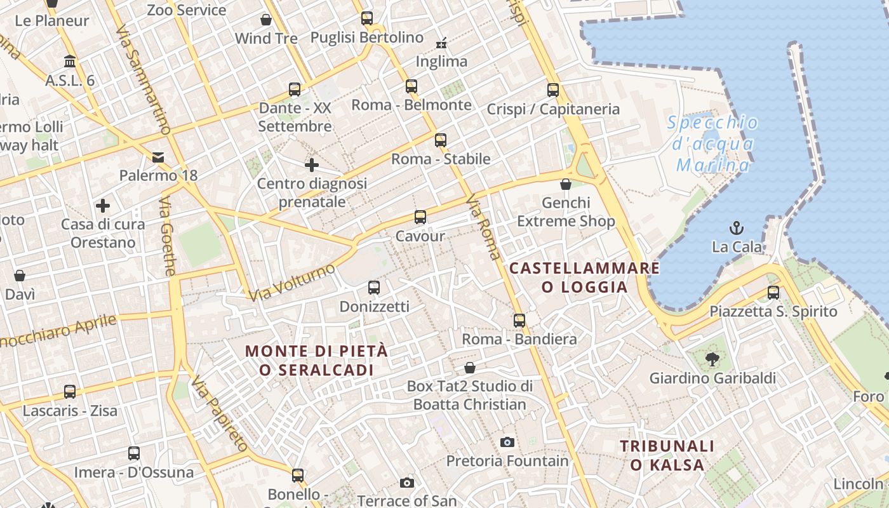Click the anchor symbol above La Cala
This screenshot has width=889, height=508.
(737, 227)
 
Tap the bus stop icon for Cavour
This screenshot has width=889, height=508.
(420, 217)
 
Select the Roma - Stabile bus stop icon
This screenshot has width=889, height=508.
(441, 140)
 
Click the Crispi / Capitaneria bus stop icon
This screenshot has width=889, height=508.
(553, 90)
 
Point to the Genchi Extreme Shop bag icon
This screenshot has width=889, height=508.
(566, 185)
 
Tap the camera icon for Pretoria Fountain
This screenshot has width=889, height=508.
(507, 442)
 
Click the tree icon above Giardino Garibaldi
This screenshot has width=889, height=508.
(712, 359)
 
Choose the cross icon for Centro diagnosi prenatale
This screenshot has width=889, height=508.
(311, 165)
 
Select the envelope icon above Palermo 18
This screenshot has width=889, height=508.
(158, 157)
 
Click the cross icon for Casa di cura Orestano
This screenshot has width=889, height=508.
(103, 206)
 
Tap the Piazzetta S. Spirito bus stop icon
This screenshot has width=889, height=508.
(773, 293)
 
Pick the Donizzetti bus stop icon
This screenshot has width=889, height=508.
(374, 288)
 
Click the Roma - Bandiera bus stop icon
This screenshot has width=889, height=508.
(519, 321)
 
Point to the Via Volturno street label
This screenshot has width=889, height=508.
(291, 283)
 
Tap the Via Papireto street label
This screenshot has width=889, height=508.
(219, 413)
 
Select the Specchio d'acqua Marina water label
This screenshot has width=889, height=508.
(712, 144)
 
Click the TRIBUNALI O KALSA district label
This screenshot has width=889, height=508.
(667, 455)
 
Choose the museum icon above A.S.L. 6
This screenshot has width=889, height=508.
(70, 62)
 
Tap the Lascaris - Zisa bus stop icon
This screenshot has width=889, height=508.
(70, 392)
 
